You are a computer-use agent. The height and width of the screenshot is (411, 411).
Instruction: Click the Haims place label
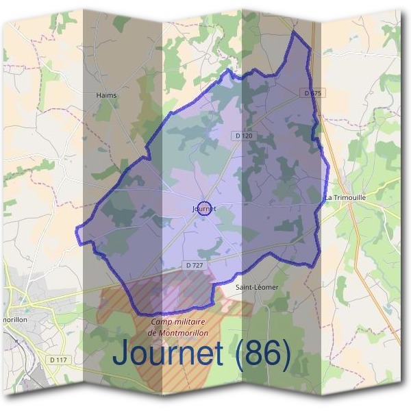(x=107, y=96)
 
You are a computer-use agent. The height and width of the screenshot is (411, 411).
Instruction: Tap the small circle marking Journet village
(x=203, y=209)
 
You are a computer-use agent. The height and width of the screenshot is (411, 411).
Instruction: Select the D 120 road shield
(x=243, y=136)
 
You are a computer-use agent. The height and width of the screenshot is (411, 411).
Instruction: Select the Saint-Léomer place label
(x=257, y=288)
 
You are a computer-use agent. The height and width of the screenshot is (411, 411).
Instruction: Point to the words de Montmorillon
(x=177, y=333)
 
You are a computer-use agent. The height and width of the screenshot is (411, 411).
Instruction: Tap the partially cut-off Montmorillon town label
(x=13, y=319)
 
